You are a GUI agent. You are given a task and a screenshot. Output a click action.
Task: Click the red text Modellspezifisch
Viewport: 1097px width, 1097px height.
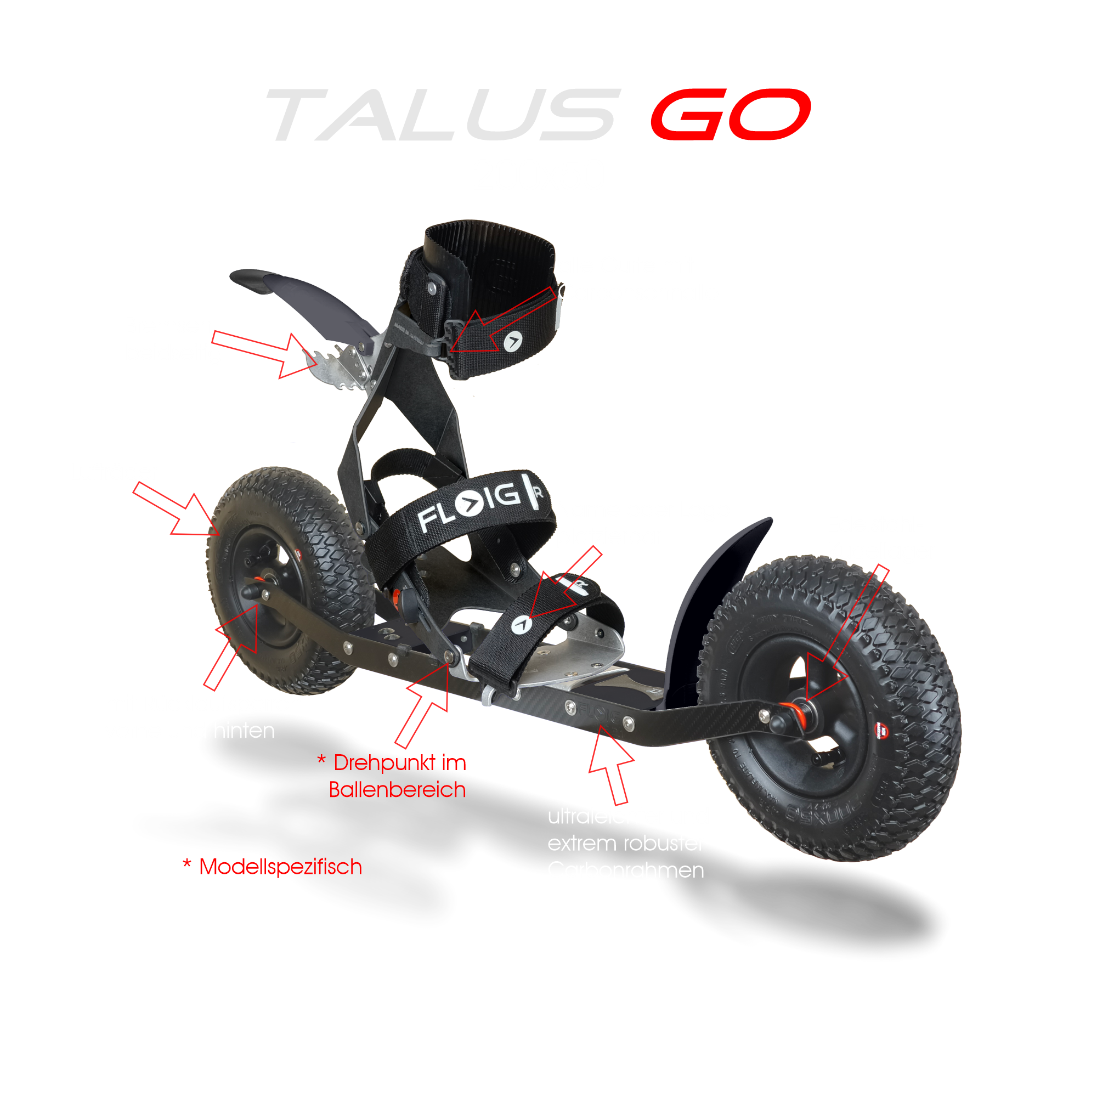280,867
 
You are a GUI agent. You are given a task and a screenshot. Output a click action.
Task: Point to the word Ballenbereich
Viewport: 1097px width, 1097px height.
397,790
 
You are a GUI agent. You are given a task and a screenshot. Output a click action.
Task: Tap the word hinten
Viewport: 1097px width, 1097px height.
244,731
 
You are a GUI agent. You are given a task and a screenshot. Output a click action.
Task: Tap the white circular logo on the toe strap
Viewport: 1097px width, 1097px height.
521,625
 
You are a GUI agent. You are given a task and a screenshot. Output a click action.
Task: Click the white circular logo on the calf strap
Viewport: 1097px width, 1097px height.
513,341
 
